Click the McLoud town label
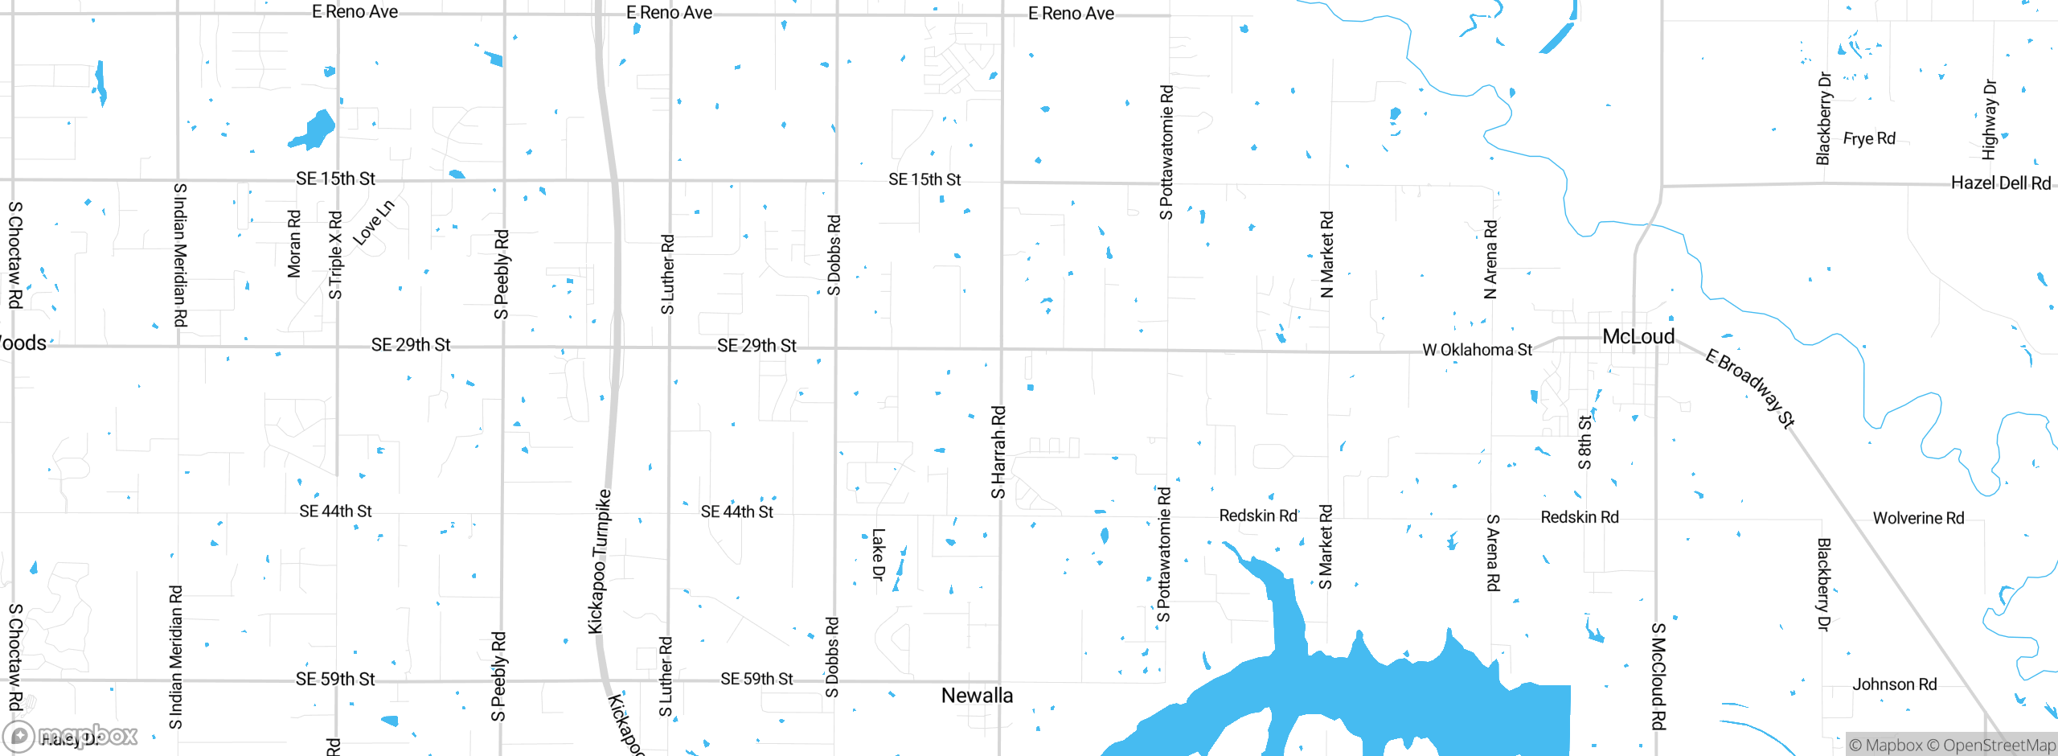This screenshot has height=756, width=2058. pos(1638,337)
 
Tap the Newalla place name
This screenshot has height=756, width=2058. pos(977,696)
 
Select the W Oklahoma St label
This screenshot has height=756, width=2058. pos(1477,350)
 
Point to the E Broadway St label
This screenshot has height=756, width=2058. pos(1750,388)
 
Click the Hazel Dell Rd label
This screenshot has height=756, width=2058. pos(2000,183)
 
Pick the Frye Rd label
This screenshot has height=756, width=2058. pos(1869,138)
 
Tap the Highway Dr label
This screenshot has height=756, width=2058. pos(1990,119)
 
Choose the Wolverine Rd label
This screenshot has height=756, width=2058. pos(1918,519)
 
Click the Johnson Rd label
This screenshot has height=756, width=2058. pos(1894,684)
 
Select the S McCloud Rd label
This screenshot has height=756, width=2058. pos(1658,676)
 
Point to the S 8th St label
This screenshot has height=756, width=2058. pos(1584,442)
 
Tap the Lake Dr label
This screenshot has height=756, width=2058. pos(879,553)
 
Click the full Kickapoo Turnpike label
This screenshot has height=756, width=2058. pos(600,561)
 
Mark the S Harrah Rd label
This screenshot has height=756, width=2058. pos(998,452)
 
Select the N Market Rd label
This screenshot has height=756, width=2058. pos(1326,254)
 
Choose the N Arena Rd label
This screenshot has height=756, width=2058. pos(1490,259)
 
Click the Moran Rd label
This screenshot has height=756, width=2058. pos(294,244)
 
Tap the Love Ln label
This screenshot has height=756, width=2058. pos(374,222)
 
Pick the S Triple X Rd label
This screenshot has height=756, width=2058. pos(335,255)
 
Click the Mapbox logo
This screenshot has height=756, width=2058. pos(71,735)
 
